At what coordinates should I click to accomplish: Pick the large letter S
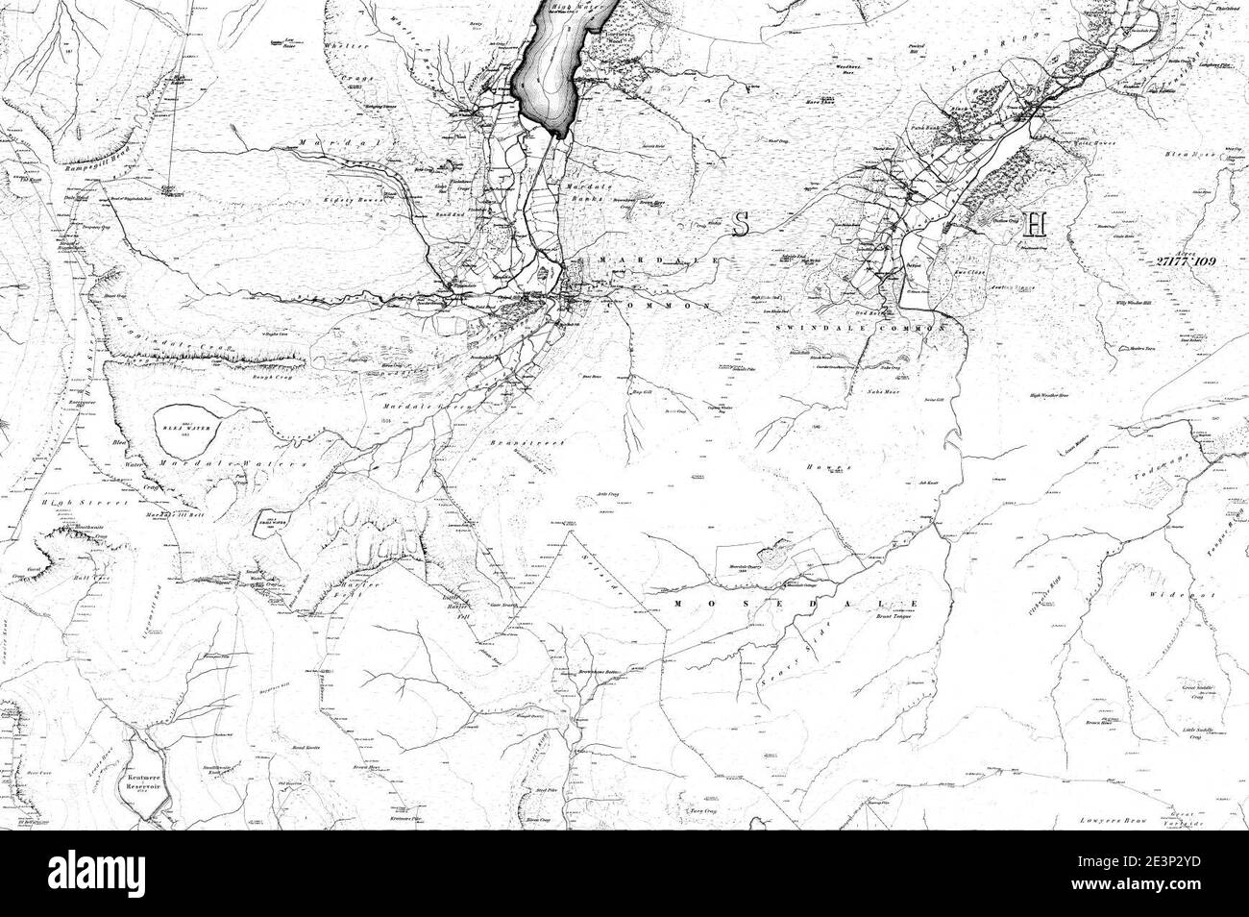point(740,223)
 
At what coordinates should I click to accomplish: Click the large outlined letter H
point(1034,224)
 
